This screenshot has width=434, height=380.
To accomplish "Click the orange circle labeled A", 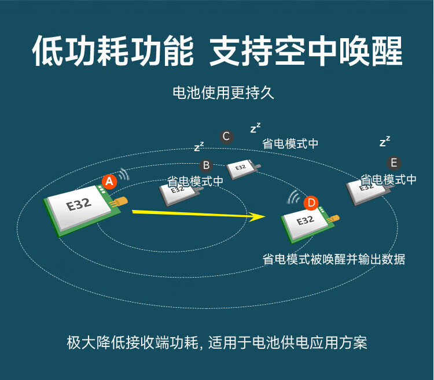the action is [109, 182].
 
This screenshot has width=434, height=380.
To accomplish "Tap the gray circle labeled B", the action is [206, 165].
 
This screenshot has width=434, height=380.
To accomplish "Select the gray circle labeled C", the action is [226, 136].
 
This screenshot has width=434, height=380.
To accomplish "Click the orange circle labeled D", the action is [311, 203].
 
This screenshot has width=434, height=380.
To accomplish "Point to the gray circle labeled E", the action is [394, 163].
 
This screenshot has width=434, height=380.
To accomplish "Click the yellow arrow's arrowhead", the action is [256, 216].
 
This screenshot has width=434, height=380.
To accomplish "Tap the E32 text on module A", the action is [79, 205].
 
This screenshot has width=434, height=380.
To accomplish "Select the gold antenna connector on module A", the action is [119, 202].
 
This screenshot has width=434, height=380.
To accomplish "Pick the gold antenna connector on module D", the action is [333, 219].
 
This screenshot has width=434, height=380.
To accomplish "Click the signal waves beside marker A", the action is [124, 174].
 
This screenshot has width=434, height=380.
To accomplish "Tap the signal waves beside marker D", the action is [293, 197].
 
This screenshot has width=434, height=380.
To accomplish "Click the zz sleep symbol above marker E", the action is [385, 141].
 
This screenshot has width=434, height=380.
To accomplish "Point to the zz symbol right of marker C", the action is [255, 128].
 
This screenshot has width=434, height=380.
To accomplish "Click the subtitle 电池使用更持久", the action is [223, 93].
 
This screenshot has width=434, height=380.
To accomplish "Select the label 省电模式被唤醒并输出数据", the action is [334, 259].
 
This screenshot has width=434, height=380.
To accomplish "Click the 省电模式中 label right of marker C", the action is [290, 144].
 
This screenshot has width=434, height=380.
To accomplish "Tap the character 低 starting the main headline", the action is [47, 51].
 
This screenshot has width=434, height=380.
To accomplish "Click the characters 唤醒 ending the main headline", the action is [371, 51].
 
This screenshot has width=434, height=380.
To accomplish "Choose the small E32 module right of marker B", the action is [244, 169].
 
